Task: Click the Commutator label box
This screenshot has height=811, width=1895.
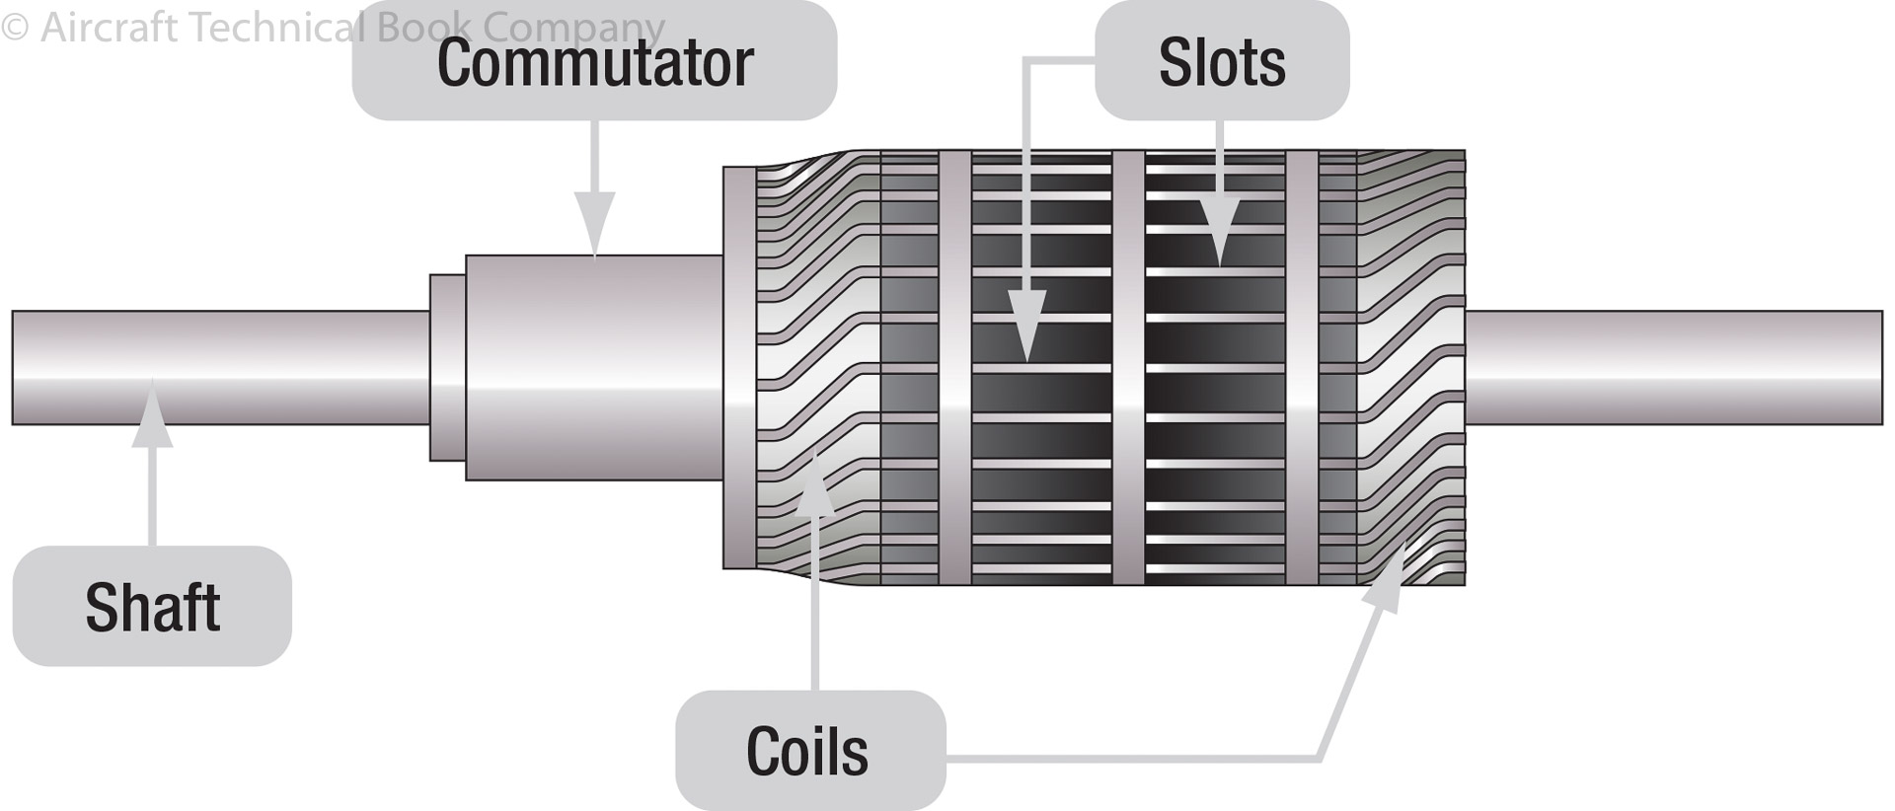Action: coord(594,61)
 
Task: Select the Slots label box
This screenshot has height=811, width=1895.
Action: coord(1222,61)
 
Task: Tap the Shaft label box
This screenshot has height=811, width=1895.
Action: coord(152,606)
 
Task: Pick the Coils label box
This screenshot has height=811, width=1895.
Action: coord(809,751)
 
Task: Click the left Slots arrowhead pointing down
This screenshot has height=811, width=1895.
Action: coord(1026,326)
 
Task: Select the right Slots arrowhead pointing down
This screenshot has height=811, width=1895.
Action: coord(1220,232)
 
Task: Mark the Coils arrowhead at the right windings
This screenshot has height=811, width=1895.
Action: coord(1387,577)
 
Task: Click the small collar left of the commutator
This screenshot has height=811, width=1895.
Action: coord(447,367)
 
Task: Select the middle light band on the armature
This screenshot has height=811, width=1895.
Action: coord(1128,367)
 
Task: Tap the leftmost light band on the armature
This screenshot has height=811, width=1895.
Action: coord(954,367)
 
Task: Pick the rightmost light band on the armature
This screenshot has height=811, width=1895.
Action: coord(1302,367)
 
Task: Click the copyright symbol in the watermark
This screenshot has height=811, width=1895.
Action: coord(15,28)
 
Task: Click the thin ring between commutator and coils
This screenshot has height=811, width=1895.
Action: coord(738,367)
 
